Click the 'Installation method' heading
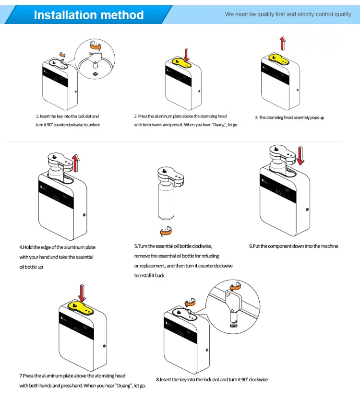pos(88,15)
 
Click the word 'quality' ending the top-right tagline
pos(342,14)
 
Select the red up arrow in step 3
pos(283,43)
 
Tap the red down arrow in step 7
pos(82,292)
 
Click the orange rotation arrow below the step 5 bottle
pos(166,231)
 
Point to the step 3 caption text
pos(289,117)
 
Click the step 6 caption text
pos(293,246)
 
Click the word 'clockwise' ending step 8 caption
pos(257,380)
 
